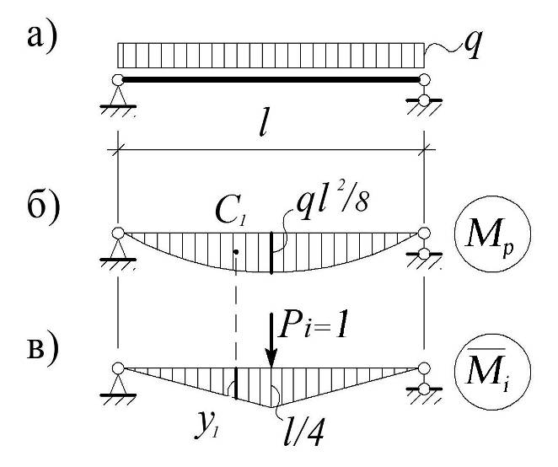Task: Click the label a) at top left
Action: tap(41, 40)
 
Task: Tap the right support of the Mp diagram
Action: tap(425, 244)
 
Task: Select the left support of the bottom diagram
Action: tap(118, 379)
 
